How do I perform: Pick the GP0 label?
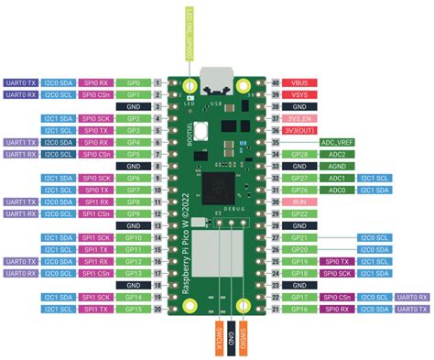133,82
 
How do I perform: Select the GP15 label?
133,309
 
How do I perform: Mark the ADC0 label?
337,189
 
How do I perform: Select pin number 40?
275,82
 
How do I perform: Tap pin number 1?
158,82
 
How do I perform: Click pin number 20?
158,309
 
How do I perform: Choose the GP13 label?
133,273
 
